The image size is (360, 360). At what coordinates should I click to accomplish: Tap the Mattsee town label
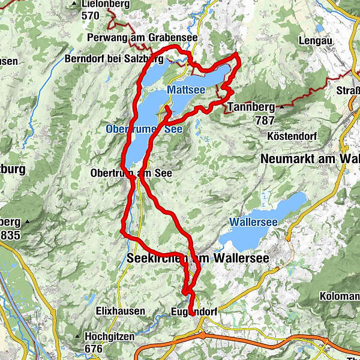[186, 89]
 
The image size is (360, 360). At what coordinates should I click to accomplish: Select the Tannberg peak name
[251, 108]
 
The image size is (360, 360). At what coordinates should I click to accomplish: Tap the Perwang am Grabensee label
[142, 37]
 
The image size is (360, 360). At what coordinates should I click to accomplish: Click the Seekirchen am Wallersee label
[199, 257]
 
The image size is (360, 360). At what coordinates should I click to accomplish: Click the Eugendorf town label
[193, 312]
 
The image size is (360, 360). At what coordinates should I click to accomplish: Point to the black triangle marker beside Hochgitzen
[78, 337]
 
